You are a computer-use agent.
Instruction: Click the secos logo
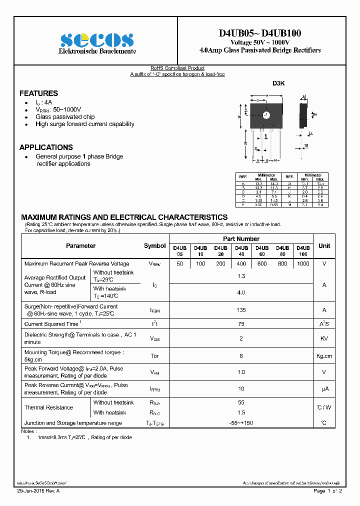96,40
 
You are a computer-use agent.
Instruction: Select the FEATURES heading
38,93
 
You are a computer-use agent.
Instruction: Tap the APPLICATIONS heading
46,147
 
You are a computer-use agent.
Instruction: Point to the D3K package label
278,84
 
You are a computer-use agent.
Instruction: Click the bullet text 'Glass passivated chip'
65,117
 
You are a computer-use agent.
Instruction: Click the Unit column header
324,246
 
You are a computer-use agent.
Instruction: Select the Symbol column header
154,246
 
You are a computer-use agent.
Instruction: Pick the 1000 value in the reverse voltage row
303,263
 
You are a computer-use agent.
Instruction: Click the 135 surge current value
241,310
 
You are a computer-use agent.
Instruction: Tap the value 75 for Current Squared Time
241,324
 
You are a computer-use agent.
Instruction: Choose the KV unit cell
324,338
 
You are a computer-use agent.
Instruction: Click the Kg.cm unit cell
324,356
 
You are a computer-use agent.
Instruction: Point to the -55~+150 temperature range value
241,423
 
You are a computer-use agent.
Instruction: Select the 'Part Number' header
241,239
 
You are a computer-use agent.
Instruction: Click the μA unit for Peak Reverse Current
324,388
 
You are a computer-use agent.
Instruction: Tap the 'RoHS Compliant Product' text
177,68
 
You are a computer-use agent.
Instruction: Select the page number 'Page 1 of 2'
327,491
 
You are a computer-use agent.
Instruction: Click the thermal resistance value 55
241,402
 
